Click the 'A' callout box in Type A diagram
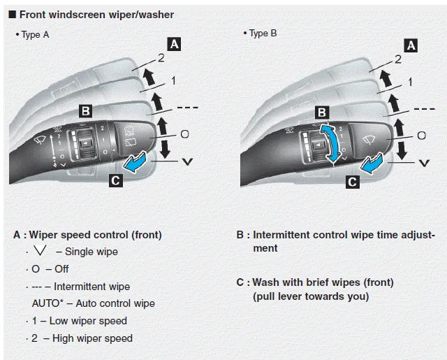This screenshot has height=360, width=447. [175, 44]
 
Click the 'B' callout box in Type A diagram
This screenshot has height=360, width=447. [84, 110]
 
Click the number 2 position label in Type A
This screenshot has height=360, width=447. [162, 59]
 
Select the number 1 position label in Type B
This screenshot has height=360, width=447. [410, 82]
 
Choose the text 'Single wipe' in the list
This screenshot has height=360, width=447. [90, 252]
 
